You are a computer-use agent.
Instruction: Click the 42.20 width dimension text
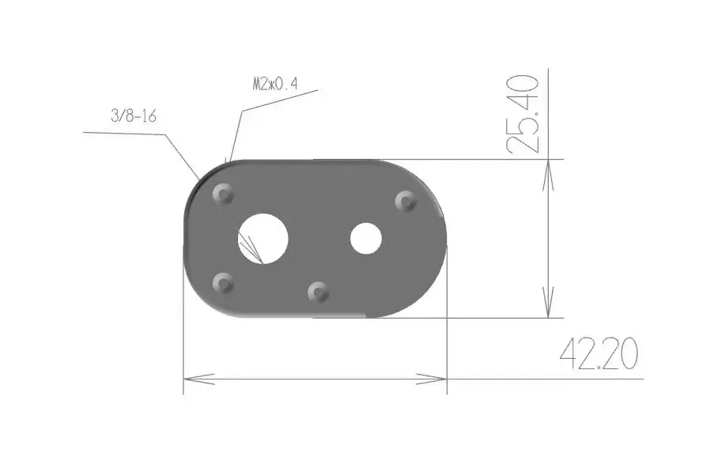pyautogui.click(x=599, y=353)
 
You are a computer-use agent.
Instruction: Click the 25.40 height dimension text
pyautogui.click(x=523, y=113)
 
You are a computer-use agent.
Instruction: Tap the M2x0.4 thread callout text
pyautogui.click(x=275, y=84)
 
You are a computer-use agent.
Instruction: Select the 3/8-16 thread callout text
pyautogui.click(x=134, y=116)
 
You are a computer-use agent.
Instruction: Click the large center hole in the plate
pyautogui.click(x=263, y=238)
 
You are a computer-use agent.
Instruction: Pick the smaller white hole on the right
pyautogui.click(x=366, y=238)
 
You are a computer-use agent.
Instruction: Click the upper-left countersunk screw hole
pyautogui.click(x=223, y=194)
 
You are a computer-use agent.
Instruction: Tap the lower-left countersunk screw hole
pyautogui.click(x=223, y=283)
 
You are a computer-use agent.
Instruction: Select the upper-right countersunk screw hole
pyautogui.click(x=406, y=201)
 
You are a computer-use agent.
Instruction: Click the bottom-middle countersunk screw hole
pyautogui.click(x=319, y=292)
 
